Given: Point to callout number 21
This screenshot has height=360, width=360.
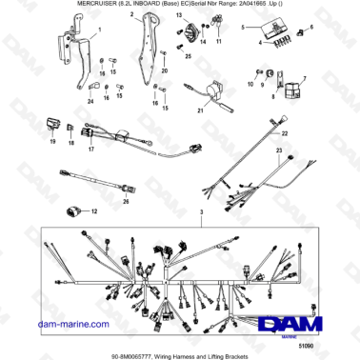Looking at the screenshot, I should pyautogui.click(x=201, y=110).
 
